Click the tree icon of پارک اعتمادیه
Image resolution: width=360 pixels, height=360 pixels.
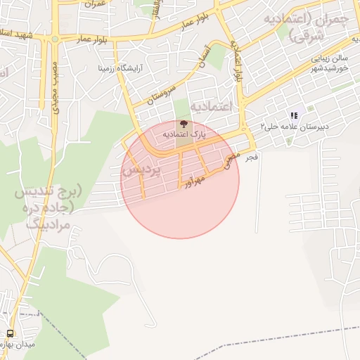point(184,124)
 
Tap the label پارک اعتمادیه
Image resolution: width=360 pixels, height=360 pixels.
point(184,134)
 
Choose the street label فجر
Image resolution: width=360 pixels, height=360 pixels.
point(251,158)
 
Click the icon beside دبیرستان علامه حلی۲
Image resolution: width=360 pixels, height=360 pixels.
point(293,115)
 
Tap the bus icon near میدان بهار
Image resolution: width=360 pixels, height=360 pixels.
point(10,333)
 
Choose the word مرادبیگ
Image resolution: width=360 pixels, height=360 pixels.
point(48,225)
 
